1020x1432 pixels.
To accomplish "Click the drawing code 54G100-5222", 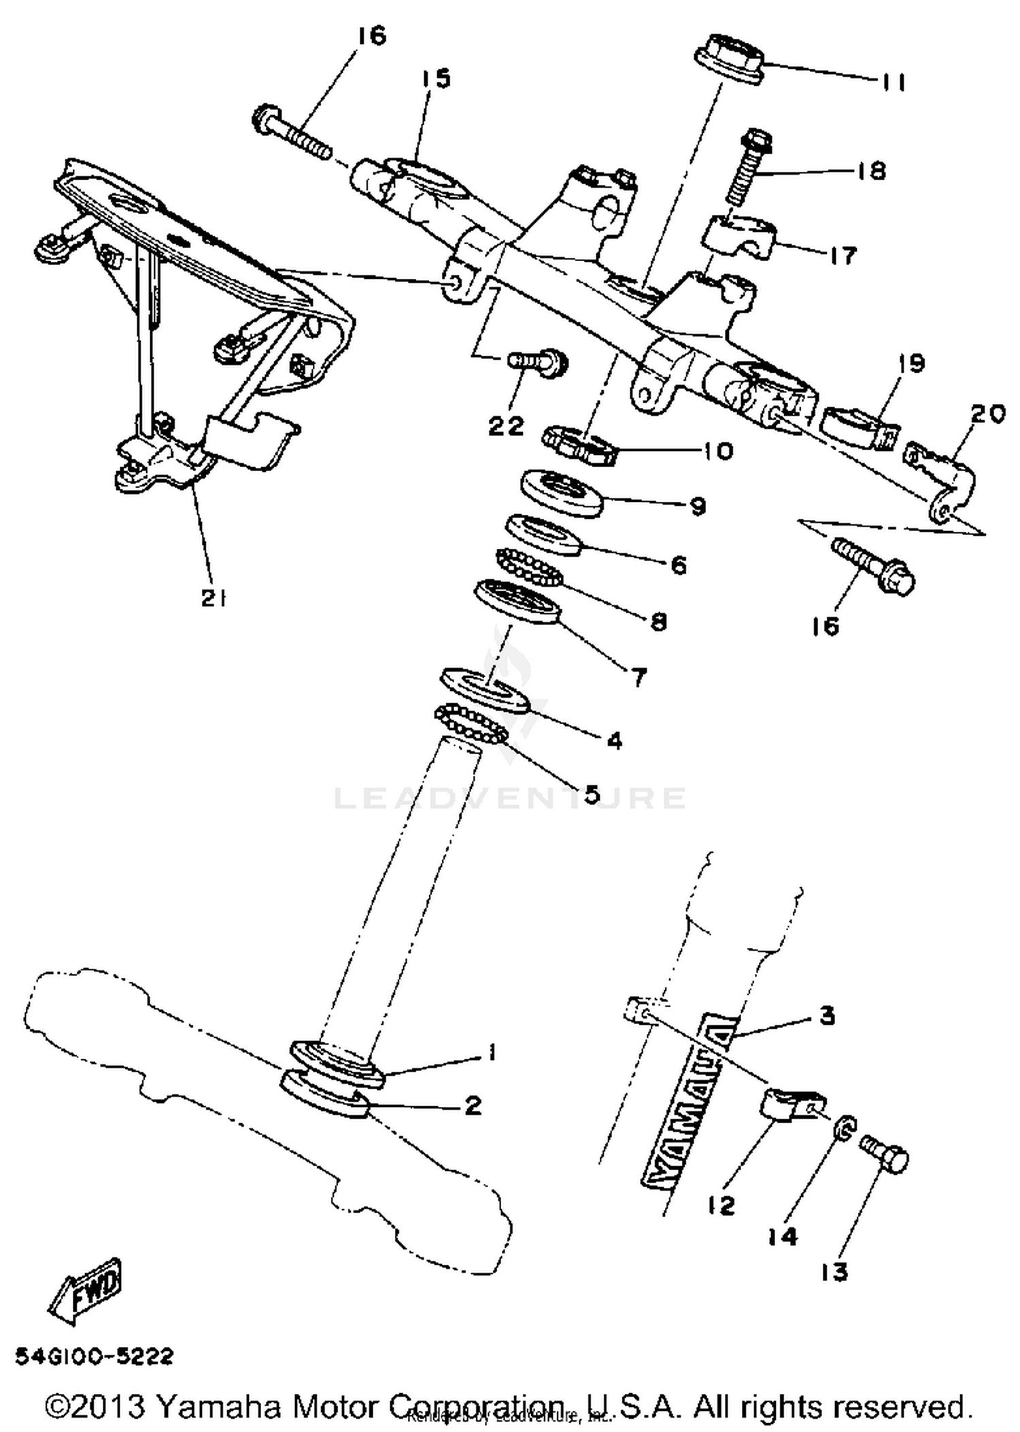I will click(95, 1356).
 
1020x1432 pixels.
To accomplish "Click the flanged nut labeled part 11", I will click(730, 61).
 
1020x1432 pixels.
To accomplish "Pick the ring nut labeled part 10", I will click(578, 445).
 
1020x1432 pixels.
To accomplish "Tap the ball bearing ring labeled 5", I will click(471, 725).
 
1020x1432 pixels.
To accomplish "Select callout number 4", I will click(614, 740).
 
